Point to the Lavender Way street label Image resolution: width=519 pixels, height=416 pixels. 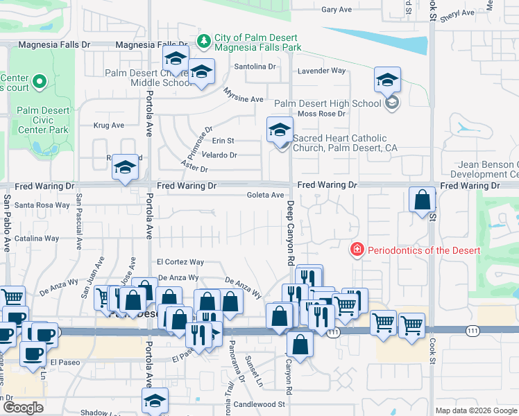point(321,71)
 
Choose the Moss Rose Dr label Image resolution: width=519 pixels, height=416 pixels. point(321,114)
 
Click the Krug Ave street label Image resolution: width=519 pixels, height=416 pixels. point(108,125)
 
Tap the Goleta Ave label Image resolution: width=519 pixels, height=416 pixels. point(266,196)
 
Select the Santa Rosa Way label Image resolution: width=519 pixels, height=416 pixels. point(42,205)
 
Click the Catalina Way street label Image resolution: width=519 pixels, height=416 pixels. point(37,238)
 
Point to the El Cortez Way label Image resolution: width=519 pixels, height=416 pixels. point(180,262)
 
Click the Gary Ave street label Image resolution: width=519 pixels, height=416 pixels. point(337,10)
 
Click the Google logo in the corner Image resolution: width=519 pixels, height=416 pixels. point(23,408)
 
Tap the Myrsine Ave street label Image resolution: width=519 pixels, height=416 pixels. point(244,96)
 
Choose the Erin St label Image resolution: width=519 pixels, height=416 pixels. point(223,141)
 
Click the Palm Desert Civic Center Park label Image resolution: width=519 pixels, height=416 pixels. point(43,120)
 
